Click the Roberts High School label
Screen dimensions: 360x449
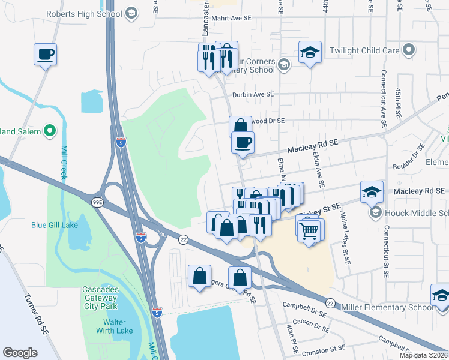[x=84, y=14]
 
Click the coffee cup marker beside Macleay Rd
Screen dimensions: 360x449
[x=243, y=143]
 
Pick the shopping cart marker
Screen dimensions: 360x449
[x=309, y=230]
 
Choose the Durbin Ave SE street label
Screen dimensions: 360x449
[x=253, y=94]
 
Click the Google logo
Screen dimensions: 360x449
[x=20, y=352]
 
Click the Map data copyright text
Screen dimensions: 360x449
[x=423, y=355]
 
